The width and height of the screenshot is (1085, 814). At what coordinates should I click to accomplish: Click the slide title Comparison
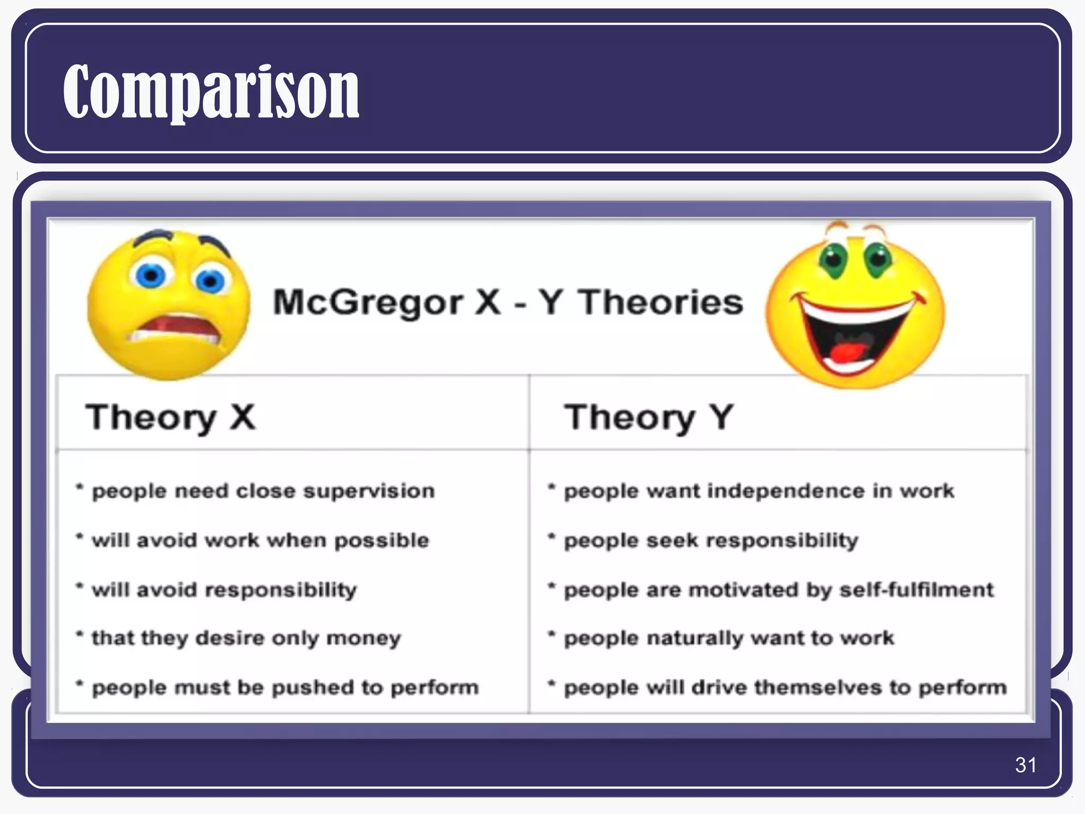coord(211,91)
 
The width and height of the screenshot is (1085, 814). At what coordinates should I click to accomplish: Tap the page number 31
coord(1026,765)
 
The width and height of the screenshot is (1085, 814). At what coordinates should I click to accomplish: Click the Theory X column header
coord(171,418)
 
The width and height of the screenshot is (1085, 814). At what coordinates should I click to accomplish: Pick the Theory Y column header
coord(648,418)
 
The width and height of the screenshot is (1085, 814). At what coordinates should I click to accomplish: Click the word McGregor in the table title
coord(368,303)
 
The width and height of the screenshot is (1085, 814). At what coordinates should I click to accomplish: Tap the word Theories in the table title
coord(660,302)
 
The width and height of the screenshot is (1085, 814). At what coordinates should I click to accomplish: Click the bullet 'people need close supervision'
coord(263,491)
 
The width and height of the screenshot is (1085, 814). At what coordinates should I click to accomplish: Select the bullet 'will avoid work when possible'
coord(260,541)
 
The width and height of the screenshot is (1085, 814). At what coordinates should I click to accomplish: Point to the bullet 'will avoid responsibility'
coord(224,590)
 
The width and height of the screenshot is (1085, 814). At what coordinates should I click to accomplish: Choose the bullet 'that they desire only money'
coord(246,639)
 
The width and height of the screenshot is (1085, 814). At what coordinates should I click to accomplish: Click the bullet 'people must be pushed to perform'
coord(285,687)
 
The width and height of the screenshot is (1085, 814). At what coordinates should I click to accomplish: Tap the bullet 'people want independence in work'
coord(759,491)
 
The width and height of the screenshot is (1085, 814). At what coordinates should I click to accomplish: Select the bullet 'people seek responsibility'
coord(710,541)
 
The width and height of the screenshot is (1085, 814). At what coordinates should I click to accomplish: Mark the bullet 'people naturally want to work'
coord(729,639)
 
